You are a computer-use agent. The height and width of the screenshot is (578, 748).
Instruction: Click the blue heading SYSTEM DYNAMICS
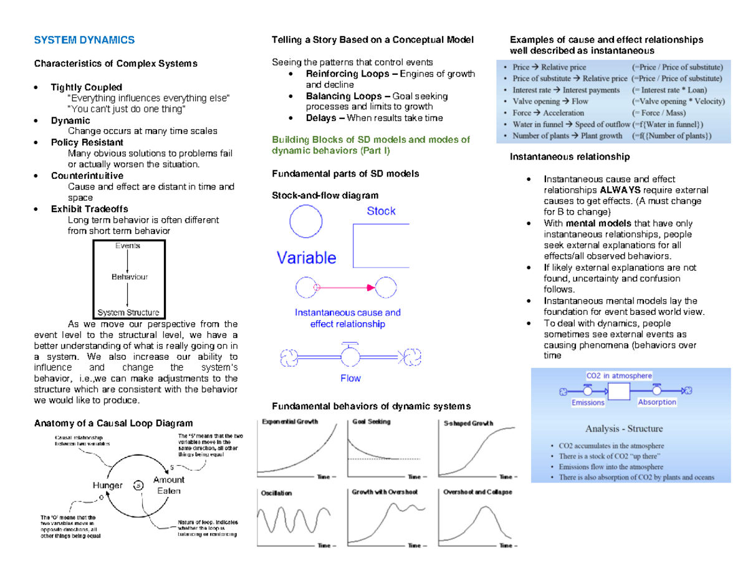[84, 40]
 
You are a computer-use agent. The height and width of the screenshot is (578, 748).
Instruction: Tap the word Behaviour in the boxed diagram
[129, 276]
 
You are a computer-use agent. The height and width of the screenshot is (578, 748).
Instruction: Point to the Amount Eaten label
[168, 485]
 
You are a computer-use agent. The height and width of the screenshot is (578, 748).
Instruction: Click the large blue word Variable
[306, 258]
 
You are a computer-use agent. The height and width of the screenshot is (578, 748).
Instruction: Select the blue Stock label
[381, 211]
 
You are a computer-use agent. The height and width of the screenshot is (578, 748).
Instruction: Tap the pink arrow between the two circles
[346, 287]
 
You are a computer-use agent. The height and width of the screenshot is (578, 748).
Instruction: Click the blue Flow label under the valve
[350, 378]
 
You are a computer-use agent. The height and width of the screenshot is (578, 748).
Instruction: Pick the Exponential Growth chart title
[290, 422]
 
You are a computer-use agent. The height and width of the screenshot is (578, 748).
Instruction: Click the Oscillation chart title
[276, 493]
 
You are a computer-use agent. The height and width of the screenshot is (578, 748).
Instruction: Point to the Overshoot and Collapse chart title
[477, 492]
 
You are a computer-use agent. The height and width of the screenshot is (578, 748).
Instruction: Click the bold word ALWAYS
[618, 190]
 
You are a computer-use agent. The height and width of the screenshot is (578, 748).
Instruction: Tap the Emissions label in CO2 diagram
[588, 402]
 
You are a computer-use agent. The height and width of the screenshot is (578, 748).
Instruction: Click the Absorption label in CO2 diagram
[657, 402]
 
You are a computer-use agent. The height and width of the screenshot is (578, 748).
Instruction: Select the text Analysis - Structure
[623, 429]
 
